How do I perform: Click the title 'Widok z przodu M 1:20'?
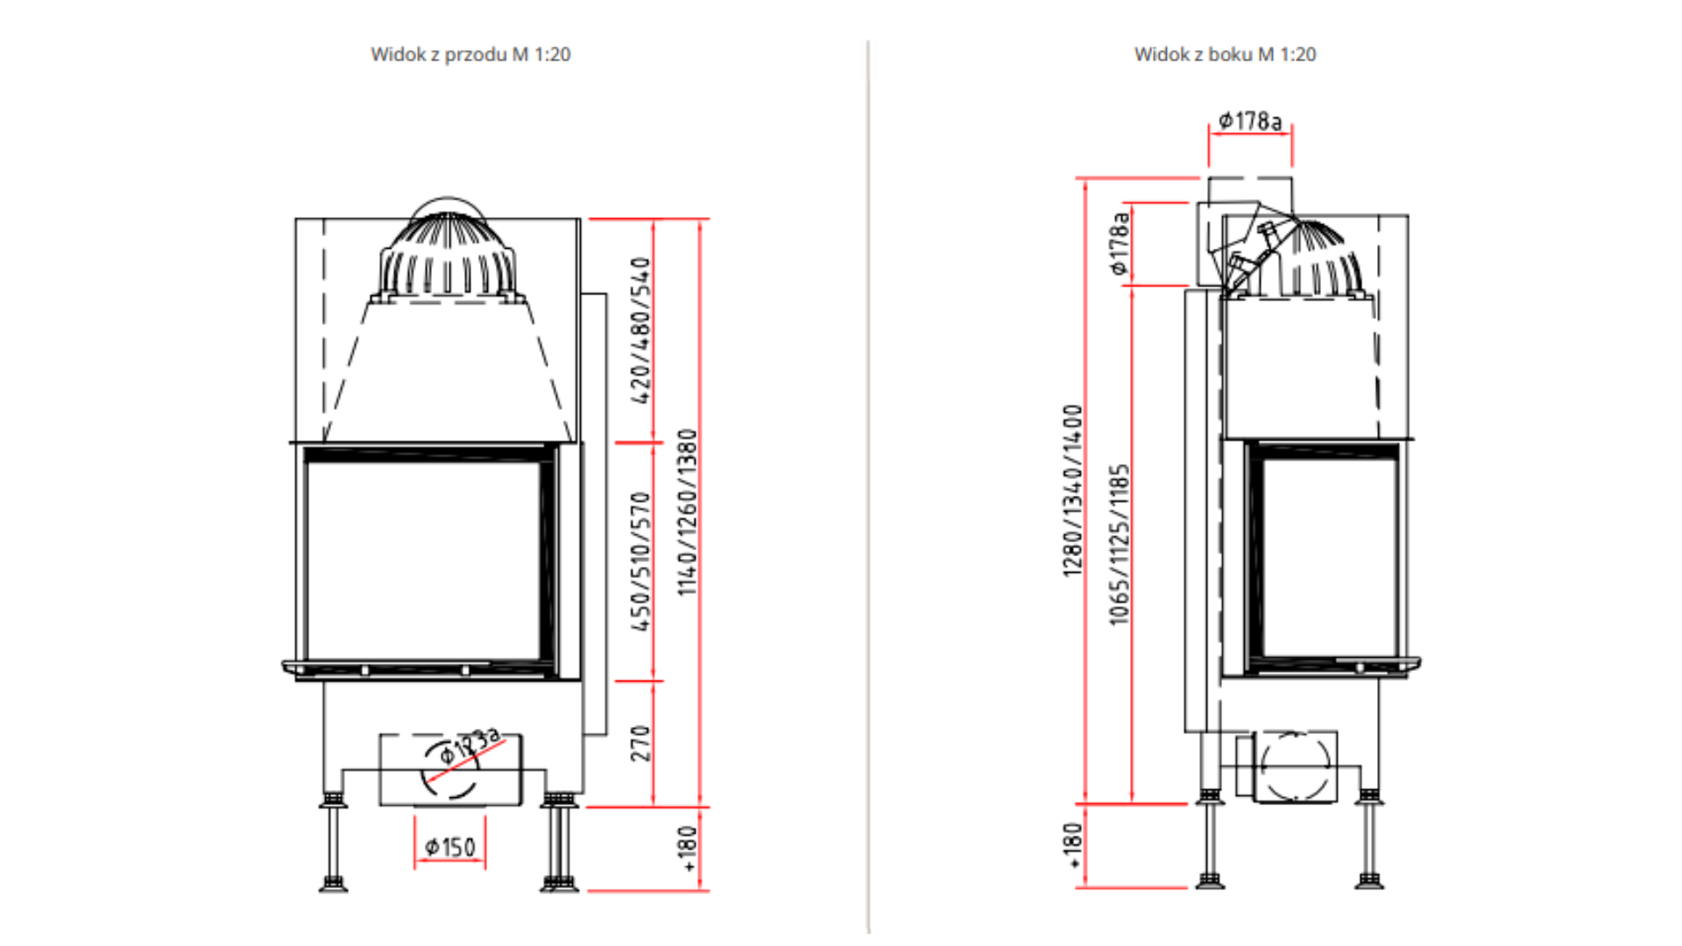pyautogui.click(x=470, y=54)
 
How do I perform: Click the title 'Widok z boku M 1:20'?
pyautogui.click(x=1225, y=54)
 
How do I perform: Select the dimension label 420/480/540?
pyautogui.click(x=641, y=330)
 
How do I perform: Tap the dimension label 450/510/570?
pyautogui.click(x=641, y=561)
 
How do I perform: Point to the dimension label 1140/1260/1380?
pyautogui.click(x=688, y=512)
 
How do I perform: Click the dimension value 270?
pyautogui.click(x=641, y=743)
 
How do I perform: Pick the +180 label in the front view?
pyautogui.click(x=688, y=848)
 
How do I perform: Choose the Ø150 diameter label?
pyautogui.click(x=450, y=847)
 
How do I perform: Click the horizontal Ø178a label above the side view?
pyautogui.click(x=1250, y=121)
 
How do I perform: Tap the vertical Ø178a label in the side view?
pyautogui.click(x=1119, y=244)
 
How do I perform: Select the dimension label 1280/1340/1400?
pyautogui.click(x=1073, y=491)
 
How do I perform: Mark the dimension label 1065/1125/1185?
pyautogui.click(x=1120, y=545)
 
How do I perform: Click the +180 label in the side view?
pyautogui.click(x=1073, y=845)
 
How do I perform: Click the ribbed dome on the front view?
pyautogui.click(x=448, y=254)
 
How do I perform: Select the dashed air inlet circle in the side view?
pyautogui.click(x=1295, y=766)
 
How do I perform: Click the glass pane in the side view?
pyautogui.click(x=1329, y=557)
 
